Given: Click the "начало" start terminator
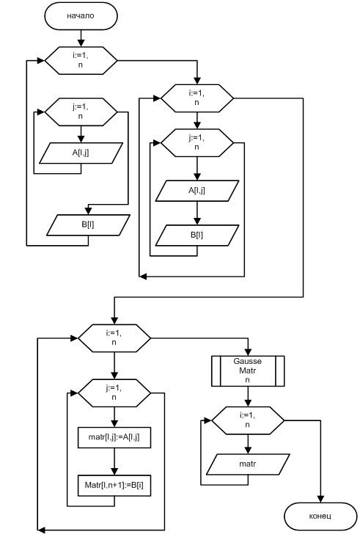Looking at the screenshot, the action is click(81, 16).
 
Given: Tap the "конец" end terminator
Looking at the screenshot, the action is click(320, 516).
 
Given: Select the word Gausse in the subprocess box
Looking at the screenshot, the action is click(248, 361).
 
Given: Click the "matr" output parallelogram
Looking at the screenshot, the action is click(248, 464).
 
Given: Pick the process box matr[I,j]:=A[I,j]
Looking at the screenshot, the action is click(114, 437).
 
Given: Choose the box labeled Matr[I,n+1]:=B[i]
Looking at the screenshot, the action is click(114, 486).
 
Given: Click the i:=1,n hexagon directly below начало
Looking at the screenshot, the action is click(81, 60).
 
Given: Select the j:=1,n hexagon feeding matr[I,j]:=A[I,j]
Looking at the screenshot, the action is click(114, 393).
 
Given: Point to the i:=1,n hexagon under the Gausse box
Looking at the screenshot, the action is click(248, 420).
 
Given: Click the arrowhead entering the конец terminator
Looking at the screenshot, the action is click(320, 499).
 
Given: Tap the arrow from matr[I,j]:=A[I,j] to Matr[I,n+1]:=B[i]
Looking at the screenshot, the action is click(114, 461).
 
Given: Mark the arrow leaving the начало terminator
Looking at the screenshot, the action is click(81, 38).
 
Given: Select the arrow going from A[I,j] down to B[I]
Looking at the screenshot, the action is click(197, 214).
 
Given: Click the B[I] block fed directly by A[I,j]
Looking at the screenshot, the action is click(197, 236).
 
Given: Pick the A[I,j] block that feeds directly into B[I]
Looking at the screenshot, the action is click(197, 191).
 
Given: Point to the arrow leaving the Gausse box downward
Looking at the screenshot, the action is click(248, 396).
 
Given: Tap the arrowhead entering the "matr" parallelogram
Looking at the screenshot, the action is click(248, 450).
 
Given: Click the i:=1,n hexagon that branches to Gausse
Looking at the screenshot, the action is click(114, 337).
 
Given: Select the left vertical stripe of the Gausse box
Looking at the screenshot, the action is click(216, 371).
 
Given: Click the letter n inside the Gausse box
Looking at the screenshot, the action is click(248, 380).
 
